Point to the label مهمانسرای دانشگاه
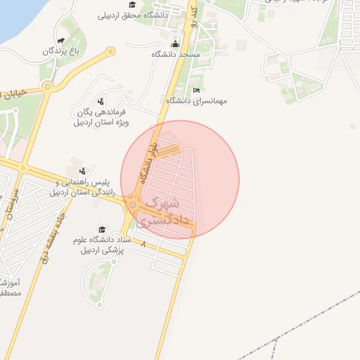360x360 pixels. click(x=196, y=101)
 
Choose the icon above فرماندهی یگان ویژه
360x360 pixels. click(x=101, y=101)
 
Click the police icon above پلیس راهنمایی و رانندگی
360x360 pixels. click(x=83, y=170)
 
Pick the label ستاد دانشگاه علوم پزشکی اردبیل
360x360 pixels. click(x=102, y=245)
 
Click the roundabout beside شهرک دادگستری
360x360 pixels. click(x=131, y=205)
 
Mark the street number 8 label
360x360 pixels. click(x=145, y=244)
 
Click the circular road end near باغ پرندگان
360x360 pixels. click(x=110, y=51)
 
